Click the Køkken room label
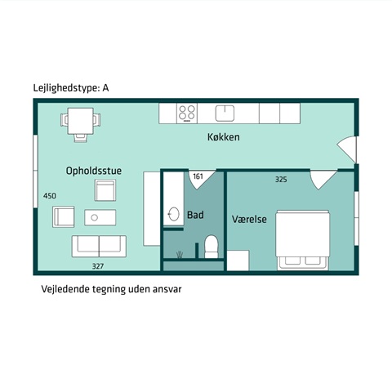point(224,137)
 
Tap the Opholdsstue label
point(94,171)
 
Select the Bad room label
point(195,215)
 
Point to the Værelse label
point(249,219)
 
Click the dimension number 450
point(50,196)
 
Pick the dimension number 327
point(98,266)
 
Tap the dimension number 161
point(198,176)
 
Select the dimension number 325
point(281,180)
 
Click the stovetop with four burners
point(187,114)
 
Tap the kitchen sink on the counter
point(225,114)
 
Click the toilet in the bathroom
point(212,247)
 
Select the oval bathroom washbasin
point(173,215)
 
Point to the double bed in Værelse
point(302,240)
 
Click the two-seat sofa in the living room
point(99,247)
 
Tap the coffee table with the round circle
point(100,217)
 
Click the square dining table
point(81,121)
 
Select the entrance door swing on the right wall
point(346,149)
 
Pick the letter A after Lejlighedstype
point(105,88)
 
